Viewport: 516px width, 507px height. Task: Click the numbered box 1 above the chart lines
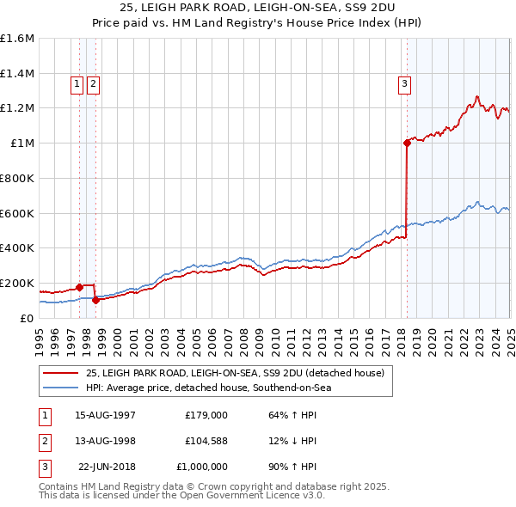[77, 83]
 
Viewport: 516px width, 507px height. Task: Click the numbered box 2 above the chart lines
[93, 83]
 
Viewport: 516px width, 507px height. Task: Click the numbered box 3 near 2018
[404, 83]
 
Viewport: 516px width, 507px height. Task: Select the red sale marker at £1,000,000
[407, 144]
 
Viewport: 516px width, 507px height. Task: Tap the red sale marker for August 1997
[79, 287]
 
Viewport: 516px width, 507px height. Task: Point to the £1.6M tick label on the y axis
[17, 39]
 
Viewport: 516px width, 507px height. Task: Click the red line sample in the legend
[61, 373]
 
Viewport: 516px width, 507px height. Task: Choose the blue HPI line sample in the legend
[61, 388]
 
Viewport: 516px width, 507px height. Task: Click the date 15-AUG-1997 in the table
[106, 414]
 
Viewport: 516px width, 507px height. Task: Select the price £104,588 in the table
[206, 441]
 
